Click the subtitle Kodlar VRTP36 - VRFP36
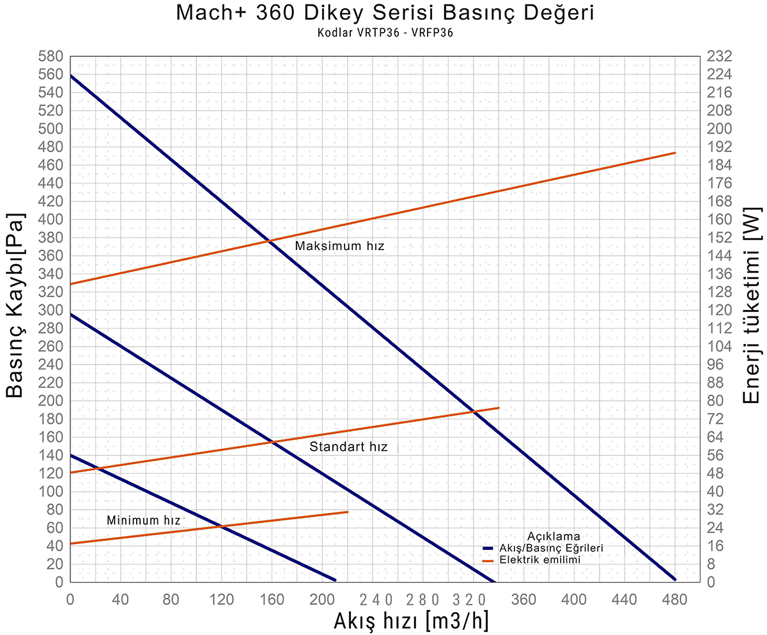(384, 34)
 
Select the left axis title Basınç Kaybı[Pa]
(17, 306)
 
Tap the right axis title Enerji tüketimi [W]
(752, 306)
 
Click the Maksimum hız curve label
(339, 246)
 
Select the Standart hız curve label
(348, 447)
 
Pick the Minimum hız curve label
(144, 520)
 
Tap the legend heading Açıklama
(554, 536)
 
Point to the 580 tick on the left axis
(52, 56)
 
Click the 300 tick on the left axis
(52, 310)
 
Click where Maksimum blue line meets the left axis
(70, 75)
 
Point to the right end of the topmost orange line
(675, 153)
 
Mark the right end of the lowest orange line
(348, 512)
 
